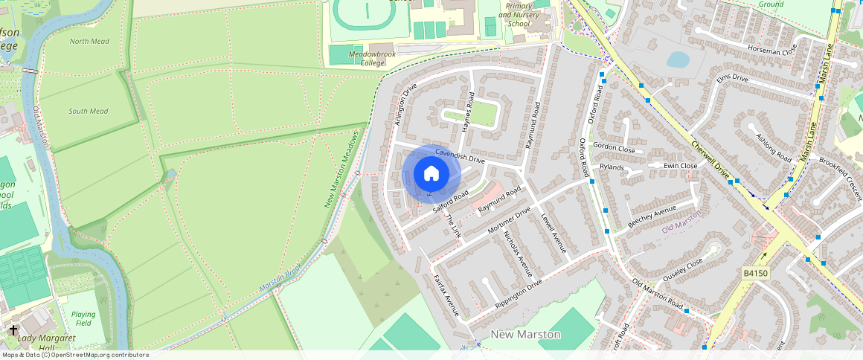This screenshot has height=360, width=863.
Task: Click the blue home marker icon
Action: click(x=431, y=174)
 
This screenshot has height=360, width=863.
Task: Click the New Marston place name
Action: click(x=526, y=335)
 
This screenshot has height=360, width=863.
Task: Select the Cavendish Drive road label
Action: click(x=460, y=155)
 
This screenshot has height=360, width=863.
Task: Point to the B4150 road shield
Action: click(x=755, y=274)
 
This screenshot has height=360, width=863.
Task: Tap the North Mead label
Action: click(x=89, y=42)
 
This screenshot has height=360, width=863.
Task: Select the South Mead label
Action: click(x=89, y=112)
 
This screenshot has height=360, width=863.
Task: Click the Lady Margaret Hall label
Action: click(x=46, y=343)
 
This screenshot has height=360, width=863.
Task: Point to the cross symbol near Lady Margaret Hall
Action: click(x=13, y=329)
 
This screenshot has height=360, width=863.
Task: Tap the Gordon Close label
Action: click(x=614, y=149)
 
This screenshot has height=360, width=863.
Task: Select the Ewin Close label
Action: click(x=681, y=166)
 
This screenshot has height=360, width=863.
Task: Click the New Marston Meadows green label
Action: click(x=342, y=170)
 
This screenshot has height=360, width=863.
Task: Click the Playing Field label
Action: click(x=83, y=319)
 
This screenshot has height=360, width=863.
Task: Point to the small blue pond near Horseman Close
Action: click(x=678, y=59)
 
